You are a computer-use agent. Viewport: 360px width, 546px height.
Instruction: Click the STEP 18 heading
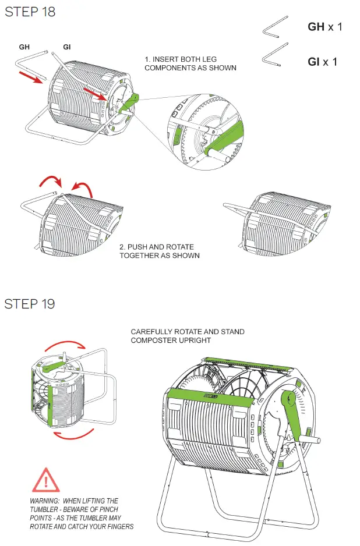coord(30,12)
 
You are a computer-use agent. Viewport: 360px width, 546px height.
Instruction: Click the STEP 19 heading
coord(30,304)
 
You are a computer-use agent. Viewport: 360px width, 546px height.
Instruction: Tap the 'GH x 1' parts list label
coord(324,27)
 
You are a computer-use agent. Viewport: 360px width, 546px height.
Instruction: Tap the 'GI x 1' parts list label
coord(322,61)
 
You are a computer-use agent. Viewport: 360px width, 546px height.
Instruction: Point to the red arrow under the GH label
coord(29,75)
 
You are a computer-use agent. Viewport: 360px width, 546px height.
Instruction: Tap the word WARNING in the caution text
coord(46,501)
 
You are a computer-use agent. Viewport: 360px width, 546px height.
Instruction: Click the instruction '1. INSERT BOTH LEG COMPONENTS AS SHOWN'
coord(190,63)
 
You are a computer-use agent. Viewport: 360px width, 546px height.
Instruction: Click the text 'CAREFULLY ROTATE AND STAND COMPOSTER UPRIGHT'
coord(187,336)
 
